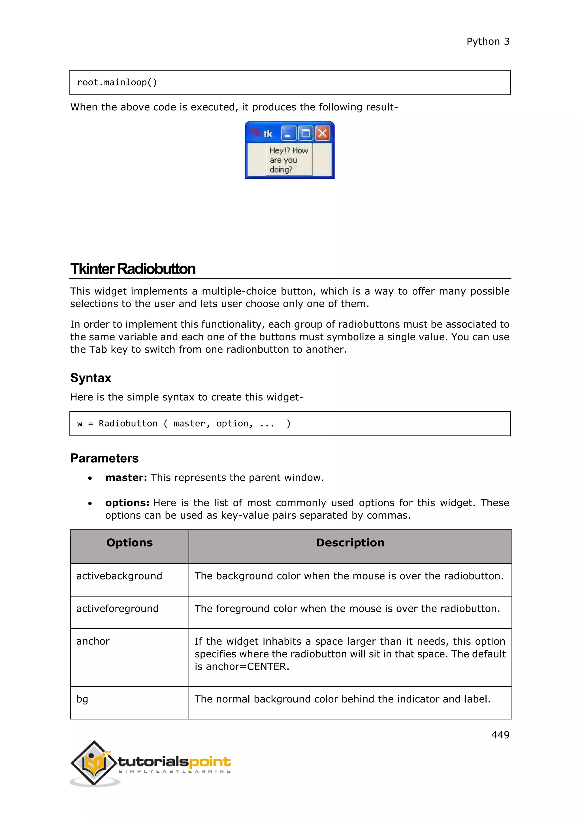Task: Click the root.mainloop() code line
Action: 117,82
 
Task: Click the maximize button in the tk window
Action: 306,134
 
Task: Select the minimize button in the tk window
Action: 289,134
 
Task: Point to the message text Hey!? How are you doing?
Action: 288,160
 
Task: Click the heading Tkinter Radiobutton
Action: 133,269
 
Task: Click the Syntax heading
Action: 91,378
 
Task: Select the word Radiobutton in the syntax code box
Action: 128,424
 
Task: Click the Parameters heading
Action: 104,458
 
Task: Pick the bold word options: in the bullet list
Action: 127,503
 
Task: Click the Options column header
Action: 129,543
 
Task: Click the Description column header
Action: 350,543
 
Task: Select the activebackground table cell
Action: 119,576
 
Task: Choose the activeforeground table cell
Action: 118,608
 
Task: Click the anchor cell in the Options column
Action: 93,641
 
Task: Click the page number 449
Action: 500,735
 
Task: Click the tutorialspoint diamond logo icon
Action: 94,763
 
